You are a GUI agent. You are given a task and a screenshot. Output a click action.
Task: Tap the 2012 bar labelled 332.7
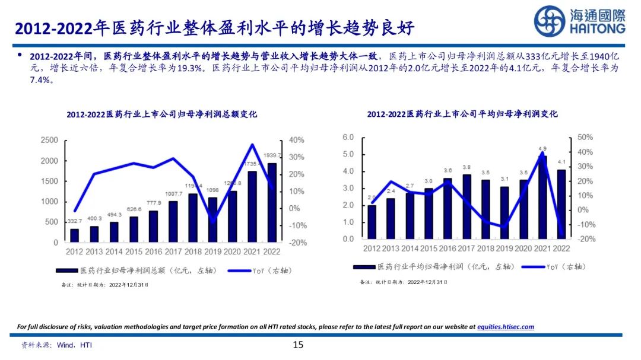(74, 235)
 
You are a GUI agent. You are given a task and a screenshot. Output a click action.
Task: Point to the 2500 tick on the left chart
(49, 140)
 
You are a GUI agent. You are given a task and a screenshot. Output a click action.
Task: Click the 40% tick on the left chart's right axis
(297, 140)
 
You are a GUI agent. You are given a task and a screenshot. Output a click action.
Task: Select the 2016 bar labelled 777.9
(153, 226)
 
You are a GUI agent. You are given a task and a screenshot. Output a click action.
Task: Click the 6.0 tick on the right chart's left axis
(348, 137)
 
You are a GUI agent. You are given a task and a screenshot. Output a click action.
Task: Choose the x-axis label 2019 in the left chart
(212, 252)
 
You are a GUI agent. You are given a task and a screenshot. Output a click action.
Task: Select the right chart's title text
(462, 114)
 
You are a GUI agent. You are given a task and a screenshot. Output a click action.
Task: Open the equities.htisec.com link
(506, 327)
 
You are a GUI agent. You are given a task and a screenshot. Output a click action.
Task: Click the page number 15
(298, 345)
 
